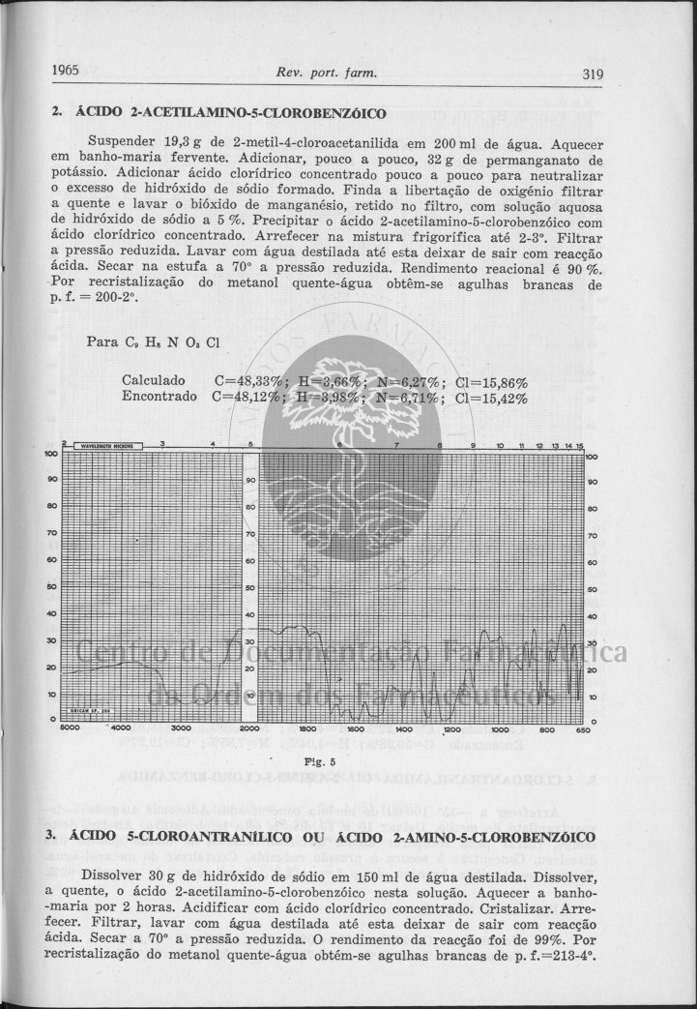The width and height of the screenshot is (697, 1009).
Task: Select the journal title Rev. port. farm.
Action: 326,73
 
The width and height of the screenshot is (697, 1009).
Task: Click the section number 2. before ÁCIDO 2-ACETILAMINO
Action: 57,114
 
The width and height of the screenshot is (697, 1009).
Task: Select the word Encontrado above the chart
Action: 160,396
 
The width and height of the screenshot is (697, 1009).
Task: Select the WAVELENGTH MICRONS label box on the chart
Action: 107,446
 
